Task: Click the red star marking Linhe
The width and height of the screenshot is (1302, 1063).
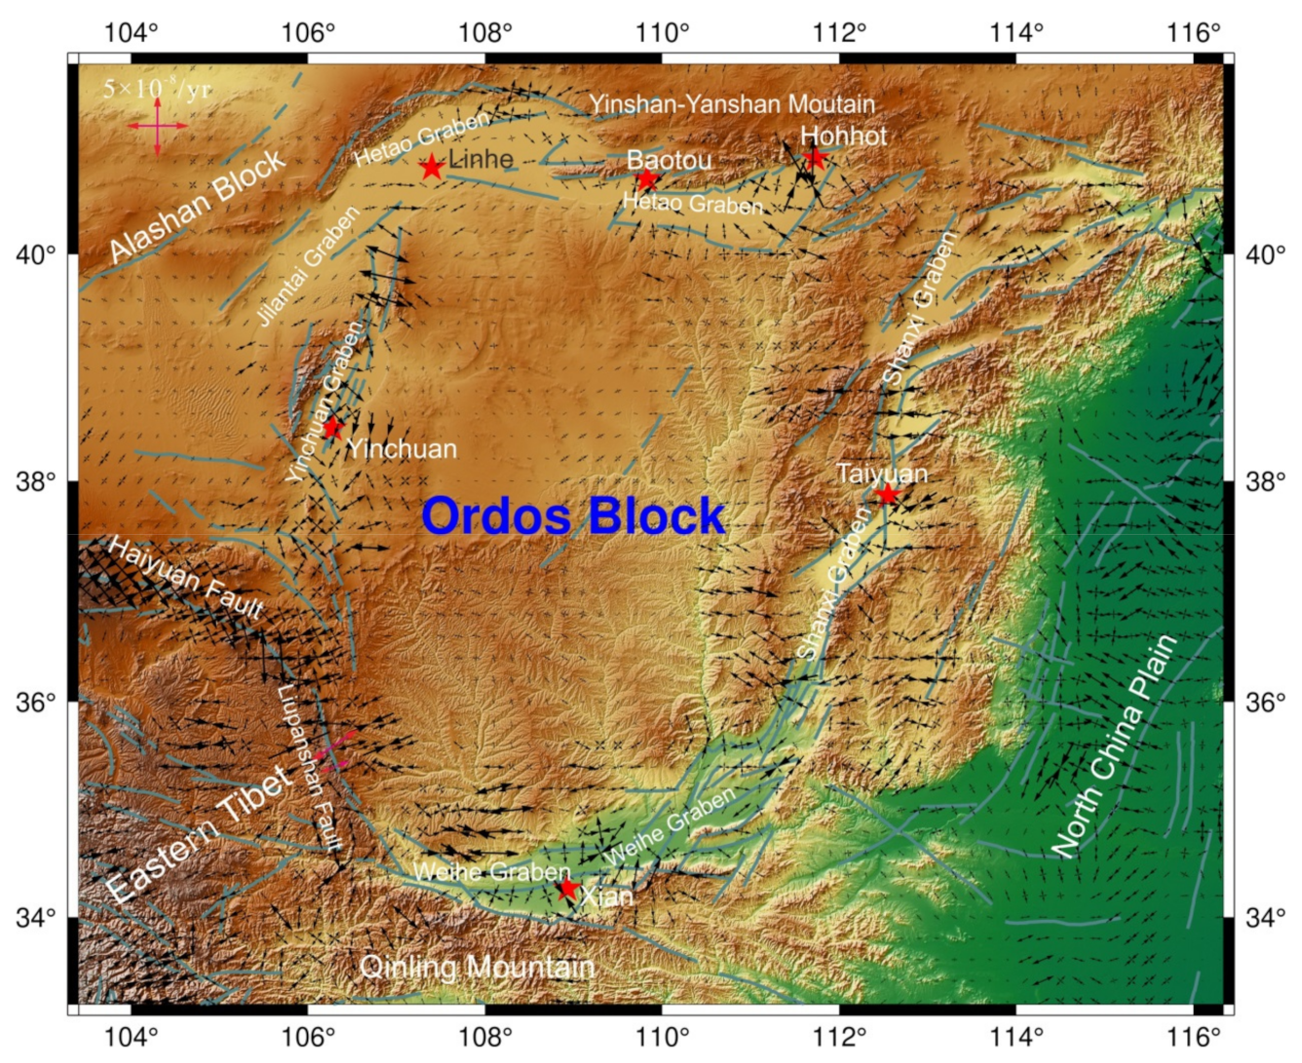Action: click(x=432, y=168)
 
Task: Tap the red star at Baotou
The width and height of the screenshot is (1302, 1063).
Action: click(x=647, y=180)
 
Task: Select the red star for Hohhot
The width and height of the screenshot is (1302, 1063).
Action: click(x=815, y=158)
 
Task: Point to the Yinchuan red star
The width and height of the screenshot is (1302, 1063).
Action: click(x=333, y=427)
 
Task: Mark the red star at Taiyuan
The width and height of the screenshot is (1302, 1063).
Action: click(x=887, y=494)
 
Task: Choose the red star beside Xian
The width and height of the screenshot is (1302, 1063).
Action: click(x=568, y=889)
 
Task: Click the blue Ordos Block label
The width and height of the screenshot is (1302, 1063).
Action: click(x=574, y=515)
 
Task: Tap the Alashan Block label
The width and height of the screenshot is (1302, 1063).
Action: click(x=198, y=206)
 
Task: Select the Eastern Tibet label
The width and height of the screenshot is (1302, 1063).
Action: click(x=199, y=834)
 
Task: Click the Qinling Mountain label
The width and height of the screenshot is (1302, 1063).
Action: click(x=477, y=967)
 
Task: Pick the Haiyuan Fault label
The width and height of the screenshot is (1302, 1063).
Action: click(x=185, y=579)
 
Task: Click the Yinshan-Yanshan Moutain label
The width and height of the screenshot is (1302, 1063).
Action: click(x=732, y=103)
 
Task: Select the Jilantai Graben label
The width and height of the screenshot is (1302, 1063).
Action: click(x=309, y=265)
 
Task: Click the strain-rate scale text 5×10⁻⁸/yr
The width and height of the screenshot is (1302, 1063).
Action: click(x=157, y=90)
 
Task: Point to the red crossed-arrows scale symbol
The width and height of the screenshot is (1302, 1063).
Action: click(x=157, y=126)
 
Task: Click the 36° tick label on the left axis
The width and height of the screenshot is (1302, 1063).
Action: click(x=36, y=702)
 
